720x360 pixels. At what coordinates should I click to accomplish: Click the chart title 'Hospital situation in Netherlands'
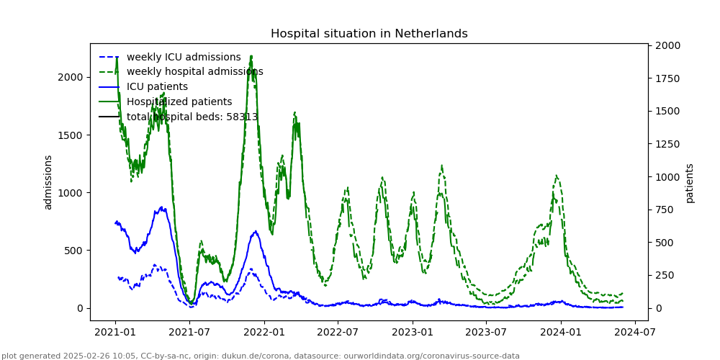(369, 34)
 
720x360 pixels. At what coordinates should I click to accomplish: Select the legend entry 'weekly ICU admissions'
(184, 57)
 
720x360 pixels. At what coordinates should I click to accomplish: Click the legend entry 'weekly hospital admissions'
(194, 71)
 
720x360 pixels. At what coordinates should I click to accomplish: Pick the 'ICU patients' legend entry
(157, 86)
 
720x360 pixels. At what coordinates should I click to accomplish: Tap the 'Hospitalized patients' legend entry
(179, 102)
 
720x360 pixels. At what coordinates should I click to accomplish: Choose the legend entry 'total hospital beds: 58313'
(192, 117)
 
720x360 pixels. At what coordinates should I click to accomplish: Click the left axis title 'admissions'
(48, 182)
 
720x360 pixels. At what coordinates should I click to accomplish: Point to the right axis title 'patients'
(689, 182)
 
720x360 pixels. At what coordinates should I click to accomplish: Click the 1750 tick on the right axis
(666, 78)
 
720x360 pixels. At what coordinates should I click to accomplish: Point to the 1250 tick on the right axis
(666, 144)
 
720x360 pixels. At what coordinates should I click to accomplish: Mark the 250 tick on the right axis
(663, 275)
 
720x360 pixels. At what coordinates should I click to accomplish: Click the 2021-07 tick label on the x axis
(189, 332)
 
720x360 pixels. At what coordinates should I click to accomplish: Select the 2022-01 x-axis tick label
(264, 332)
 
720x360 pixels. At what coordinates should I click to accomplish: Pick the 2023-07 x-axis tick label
(486, 332)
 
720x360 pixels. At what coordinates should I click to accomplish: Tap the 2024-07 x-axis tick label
(634, 332)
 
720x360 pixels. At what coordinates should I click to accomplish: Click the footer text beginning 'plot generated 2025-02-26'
(261, 356)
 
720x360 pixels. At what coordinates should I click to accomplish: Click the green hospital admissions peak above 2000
(251, 57)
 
